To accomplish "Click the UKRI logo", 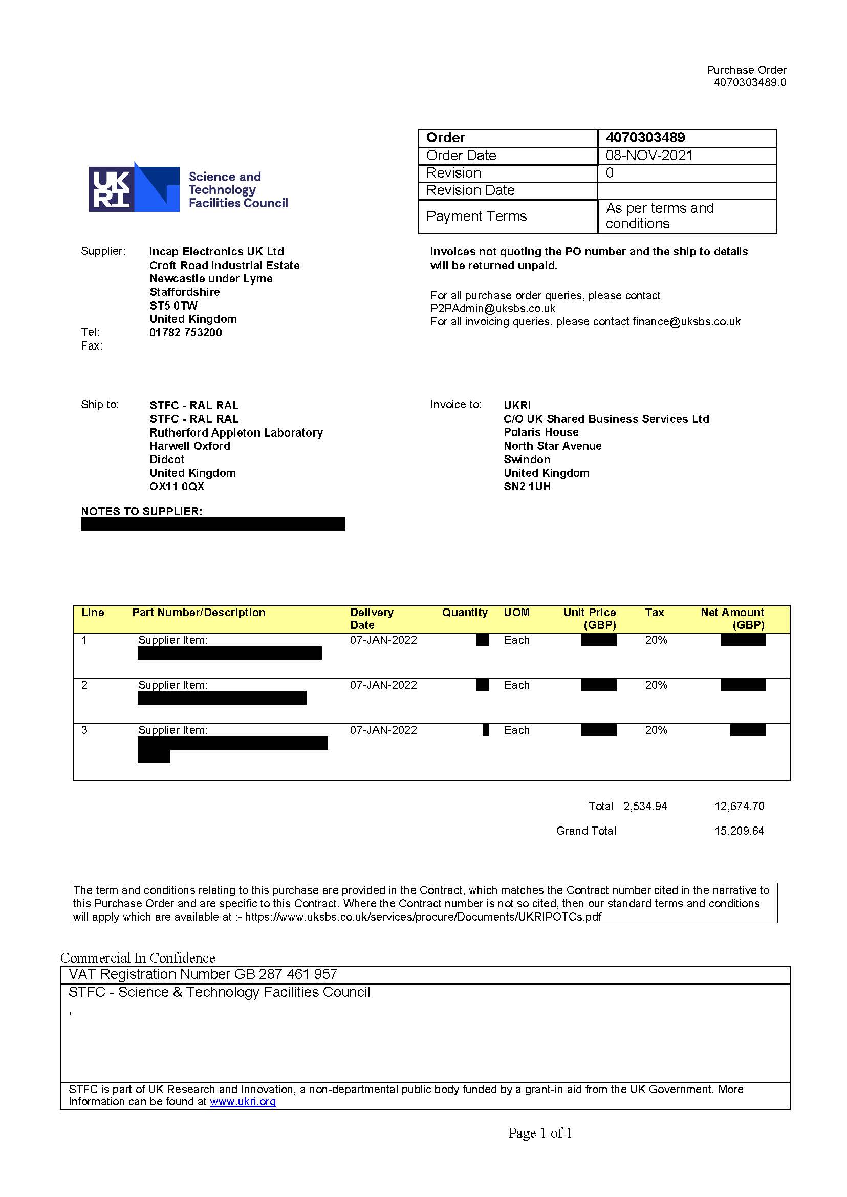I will (135, 188).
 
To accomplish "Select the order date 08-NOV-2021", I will (649, 156).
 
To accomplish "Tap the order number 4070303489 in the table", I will (645, 138).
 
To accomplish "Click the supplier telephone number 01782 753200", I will (186, 332).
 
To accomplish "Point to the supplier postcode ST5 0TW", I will (173, 306).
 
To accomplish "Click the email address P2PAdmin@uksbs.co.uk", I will (493, 308).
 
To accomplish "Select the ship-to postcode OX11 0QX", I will (177, 486).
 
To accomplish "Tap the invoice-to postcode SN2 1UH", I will (527, 486).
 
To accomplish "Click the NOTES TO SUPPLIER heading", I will (141, 511).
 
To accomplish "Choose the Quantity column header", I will (465, 613).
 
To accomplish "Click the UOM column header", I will (516, 613).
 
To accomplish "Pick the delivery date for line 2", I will (383, 685).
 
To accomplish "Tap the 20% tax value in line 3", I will (656, 730).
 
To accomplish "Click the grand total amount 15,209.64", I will (739, 831).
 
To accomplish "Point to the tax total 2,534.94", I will (645, 807).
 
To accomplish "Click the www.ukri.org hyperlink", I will (243, 1101).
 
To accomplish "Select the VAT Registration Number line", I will (203, 974).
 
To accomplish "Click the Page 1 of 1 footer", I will (540, 1133).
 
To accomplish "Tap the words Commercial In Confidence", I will (138, 957).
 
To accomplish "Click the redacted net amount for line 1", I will (743, 640).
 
